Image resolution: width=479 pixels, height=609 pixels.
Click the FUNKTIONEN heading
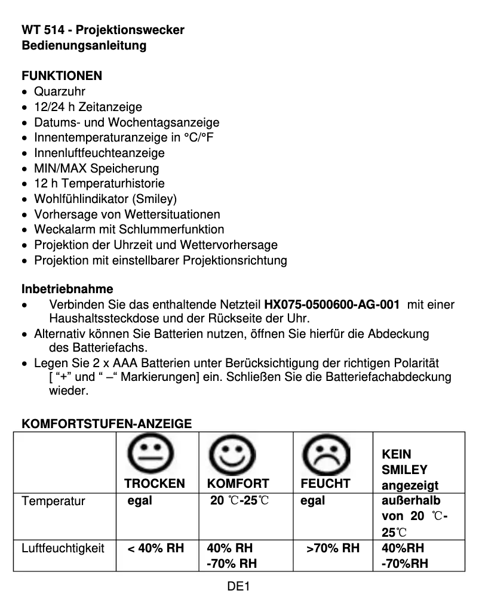(62, 76)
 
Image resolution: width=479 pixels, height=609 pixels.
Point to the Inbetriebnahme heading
(67, 290)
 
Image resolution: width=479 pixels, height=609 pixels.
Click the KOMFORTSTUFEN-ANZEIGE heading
(107, 424)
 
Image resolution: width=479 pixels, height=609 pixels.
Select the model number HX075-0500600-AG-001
(331, 305)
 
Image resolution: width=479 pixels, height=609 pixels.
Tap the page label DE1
(238, 586)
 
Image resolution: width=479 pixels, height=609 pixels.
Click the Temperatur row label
(53, 501)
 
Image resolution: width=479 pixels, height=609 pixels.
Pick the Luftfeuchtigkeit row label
(63, 548)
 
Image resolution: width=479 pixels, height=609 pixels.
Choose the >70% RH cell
(333, 548)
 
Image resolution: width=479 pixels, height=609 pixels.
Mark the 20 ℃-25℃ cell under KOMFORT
(239, 500)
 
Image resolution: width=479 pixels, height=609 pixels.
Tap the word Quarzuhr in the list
(60, 91)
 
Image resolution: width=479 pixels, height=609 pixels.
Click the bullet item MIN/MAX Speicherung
(96, 168)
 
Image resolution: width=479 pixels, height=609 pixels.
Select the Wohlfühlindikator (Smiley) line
(105, 199)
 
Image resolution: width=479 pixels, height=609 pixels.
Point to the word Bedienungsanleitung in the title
(84, 45)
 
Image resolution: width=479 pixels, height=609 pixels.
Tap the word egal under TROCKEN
(140, 500)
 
